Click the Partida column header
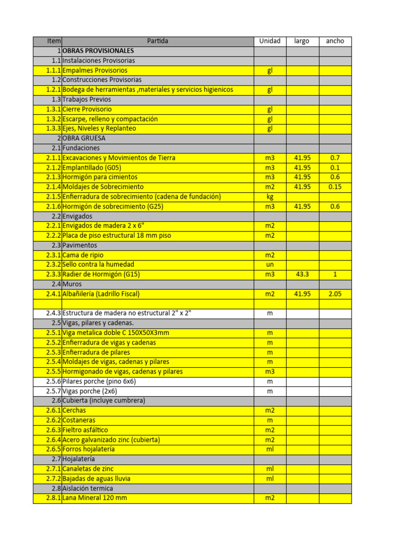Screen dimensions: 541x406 [158, 41]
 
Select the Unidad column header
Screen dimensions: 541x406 [270, 41]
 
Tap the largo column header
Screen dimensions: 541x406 [302, 41]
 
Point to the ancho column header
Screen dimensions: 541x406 [335, 41]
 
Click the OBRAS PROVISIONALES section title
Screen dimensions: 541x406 [98, 51]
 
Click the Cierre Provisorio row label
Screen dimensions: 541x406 [87, 109]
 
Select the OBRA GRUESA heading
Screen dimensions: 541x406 [84, 138]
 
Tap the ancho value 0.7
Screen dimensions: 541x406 [335, 158]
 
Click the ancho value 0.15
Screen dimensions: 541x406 [335, 187]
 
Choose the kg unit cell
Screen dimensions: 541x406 [270, 197]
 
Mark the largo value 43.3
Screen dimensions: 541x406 [302, 275]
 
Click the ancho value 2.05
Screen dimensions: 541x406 [335, 294]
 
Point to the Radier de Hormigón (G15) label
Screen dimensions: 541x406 [101, 275]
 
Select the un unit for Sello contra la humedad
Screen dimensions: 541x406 [270, 265]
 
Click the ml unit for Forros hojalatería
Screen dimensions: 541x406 [270, 450]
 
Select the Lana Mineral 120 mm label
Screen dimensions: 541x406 [95, 498]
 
